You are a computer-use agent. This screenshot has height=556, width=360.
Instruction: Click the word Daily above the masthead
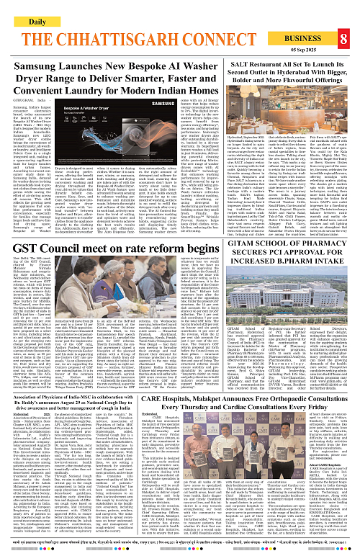click(27, 6)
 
